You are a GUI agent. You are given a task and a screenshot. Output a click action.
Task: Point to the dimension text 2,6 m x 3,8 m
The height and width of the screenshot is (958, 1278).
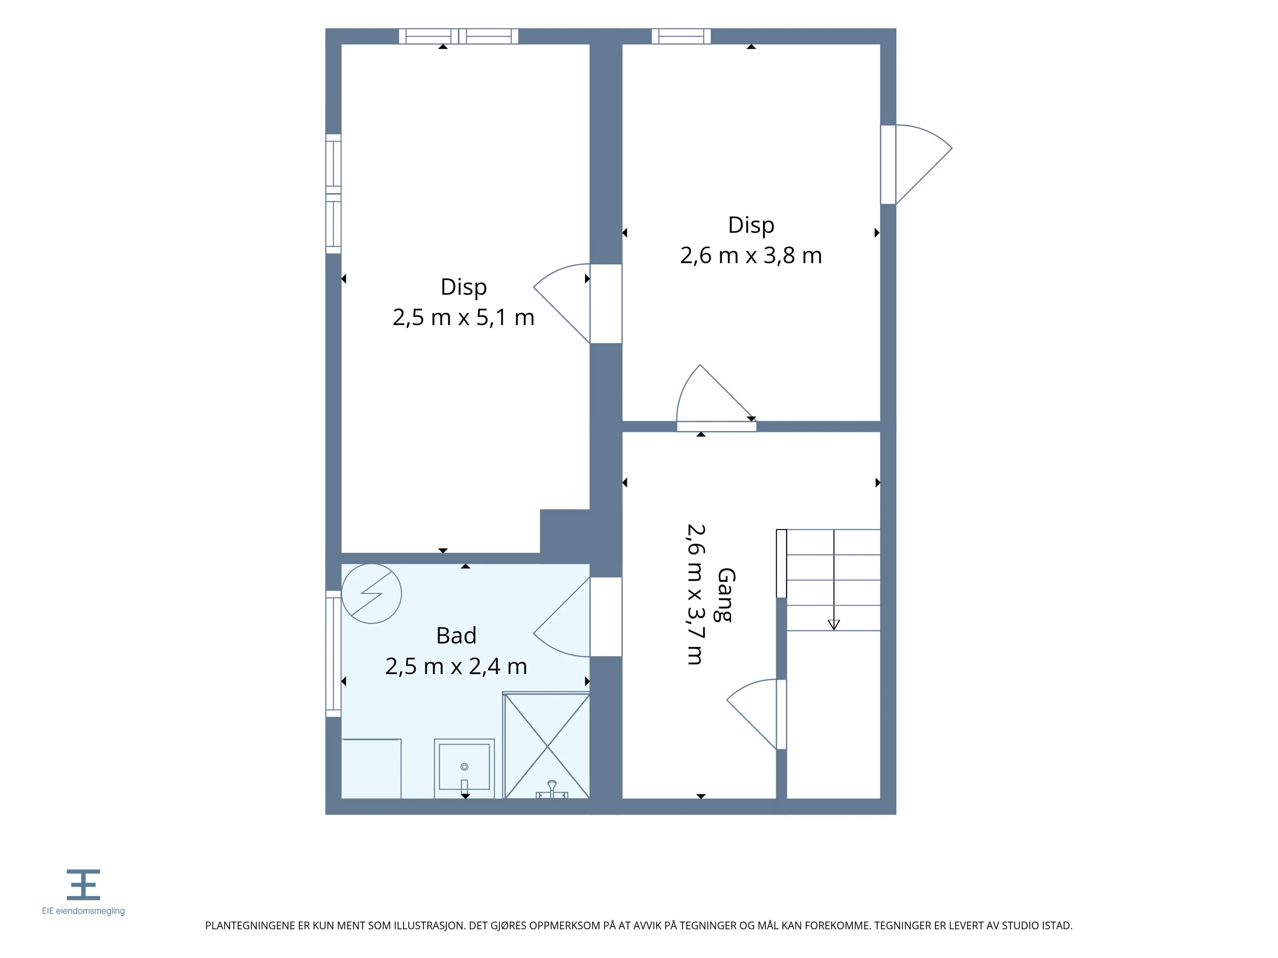pyautogui.click(x=751, y=255)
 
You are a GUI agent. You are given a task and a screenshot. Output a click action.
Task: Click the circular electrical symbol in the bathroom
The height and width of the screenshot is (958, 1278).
pyautogui.click(x=371, y=594)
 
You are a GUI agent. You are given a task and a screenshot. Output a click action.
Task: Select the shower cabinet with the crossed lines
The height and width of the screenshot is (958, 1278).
pyautogui.click(x=547, y=746)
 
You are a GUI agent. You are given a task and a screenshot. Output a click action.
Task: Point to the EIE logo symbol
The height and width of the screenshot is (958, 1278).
pyautogui.click(x=83, y=885)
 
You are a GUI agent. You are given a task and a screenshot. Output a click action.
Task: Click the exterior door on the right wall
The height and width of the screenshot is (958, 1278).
pyautogui.click(x=916, y=165)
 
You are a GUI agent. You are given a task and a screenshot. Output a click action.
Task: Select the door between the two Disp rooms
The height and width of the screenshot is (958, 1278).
pyautogui.click(x=577, y=304)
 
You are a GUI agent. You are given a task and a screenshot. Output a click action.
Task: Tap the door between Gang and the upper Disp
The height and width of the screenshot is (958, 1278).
pyautogui.click(x=717, y=398)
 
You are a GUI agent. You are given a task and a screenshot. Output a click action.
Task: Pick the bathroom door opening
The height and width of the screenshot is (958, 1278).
pyautogui.click(x=577, y=617)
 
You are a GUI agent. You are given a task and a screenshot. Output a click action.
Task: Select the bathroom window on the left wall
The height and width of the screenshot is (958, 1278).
pyautogui.click(x=333, y=654)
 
